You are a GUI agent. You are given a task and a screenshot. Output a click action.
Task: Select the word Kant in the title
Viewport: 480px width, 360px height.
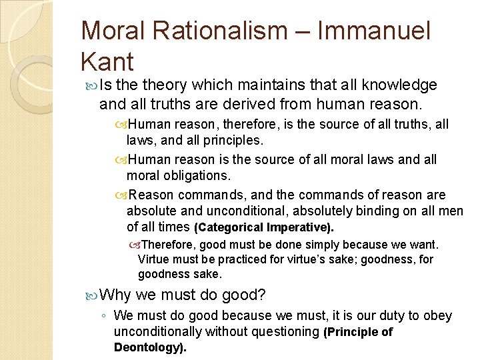coord(107,62)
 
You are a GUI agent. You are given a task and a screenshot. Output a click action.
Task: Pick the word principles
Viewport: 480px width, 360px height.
coord(230,141)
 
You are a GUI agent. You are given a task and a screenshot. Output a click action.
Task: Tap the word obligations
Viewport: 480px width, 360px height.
coord(198,175)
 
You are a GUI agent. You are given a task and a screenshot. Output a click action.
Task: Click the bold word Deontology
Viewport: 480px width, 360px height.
coord(149,347)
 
